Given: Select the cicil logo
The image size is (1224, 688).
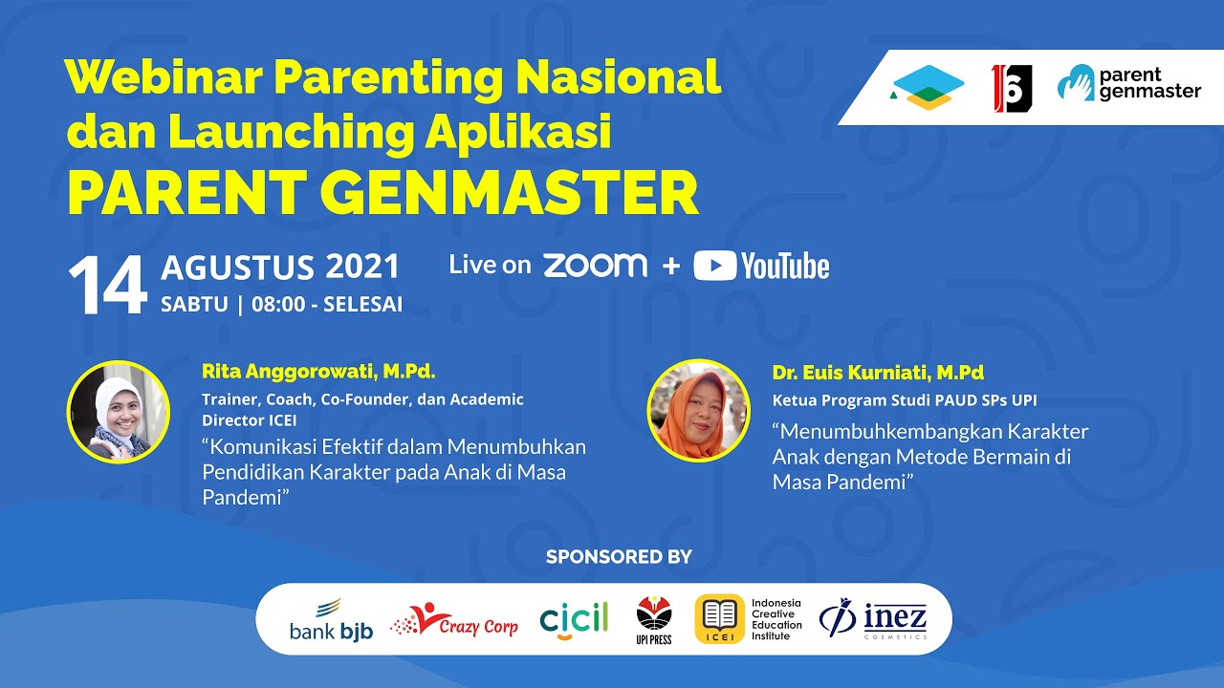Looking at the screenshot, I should (x=574, y=619).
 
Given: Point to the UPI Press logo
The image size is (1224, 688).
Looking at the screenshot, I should (x=654, y=619).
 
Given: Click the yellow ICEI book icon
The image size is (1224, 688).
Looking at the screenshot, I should (x=719, y=618).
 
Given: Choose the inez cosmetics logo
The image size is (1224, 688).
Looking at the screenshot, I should (x=873, y=619).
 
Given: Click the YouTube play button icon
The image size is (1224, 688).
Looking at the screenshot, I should (x=714, y=266).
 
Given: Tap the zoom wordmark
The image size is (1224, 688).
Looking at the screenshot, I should (x=595, y=266).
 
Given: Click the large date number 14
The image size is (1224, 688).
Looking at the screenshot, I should (x=107, y=287).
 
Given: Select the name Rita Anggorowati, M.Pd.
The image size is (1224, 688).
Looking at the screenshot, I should (x=318, y=371).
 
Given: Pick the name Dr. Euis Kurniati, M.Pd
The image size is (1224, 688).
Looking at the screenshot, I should (x=878, y=373).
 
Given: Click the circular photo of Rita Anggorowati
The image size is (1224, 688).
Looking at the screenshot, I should (x=119, y=413).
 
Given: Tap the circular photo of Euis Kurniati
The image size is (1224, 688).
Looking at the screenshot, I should (x=698, y=411).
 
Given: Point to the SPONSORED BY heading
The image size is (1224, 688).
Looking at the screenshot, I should (x=619, y=557).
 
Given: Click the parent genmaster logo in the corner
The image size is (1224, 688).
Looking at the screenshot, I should (x=1128, y=84).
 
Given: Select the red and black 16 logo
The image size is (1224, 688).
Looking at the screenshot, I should (x=1012, y=88).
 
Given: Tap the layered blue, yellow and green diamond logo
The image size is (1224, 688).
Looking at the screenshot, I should (x=926, y=87).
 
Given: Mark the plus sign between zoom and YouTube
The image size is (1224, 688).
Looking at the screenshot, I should (x=670, y=267).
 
